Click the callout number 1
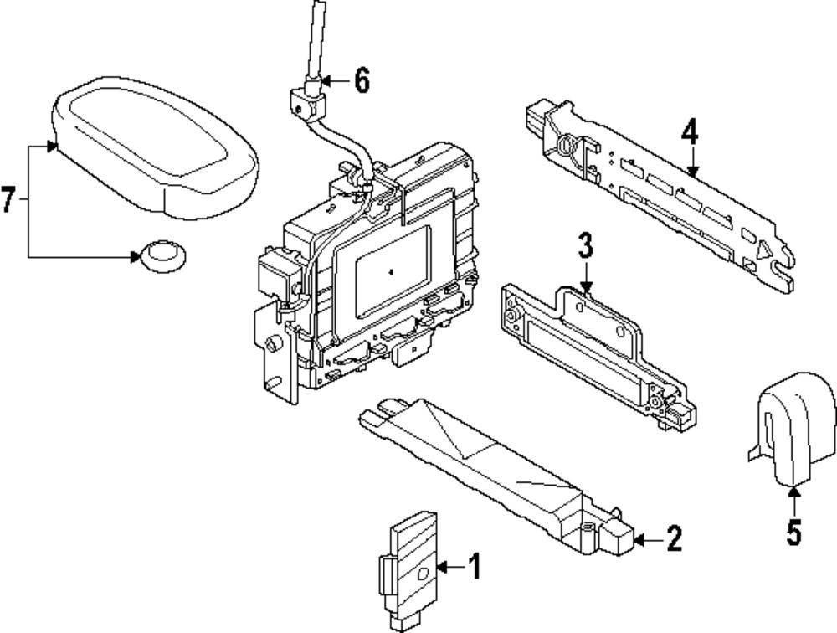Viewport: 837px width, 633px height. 474,569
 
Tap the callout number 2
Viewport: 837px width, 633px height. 673,539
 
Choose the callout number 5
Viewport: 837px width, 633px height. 793,531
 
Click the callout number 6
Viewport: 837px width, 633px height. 360,80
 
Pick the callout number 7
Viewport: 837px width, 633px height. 8,200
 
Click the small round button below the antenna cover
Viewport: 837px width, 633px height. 162,254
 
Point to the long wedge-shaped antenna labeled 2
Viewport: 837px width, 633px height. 494,469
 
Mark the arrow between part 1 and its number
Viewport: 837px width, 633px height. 448,569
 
